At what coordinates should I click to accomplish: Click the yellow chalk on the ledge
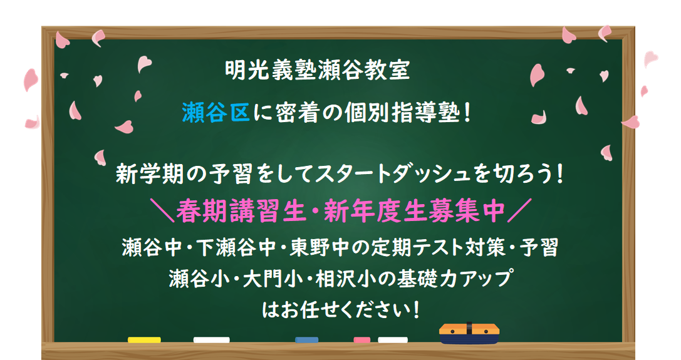tap(144, 340)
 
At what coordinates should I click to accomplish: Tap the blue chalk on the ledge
tap(306, 340)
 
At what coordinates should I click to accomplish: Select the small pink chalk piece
tap(361, 340)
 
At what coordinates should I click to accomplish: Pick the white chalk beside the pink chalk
tap(393, 340)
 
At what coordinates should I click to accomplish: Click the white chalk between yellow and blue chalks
tap(212, 340)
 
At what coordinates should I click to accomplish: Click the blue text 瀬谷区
tap(216, 113)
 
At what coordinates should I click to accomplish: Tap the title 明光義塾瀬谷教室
tap(318, 70)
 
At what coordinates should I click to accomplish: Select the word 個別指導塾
tap(402, 113)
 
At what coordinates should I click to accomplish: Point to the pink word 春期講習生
tap(241, 211)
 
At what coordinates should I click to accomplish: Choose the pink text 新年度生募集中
tap(414, 211)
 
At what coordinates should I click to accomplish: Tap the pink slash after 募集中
tap(519, 211)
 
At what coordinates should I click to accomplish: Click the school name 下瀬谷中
tap(236, 248)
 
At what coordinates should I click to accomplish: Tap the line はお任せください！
tap(341, 310)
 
